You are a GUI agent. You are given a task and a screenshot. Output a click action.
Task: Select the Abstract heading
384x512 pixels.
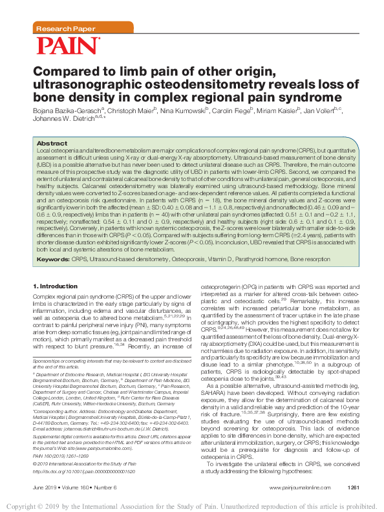(x=52, y=143)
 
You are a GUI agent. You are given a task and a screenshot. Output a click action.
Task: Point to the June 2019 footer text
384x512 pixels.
(x=45, y=486)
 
